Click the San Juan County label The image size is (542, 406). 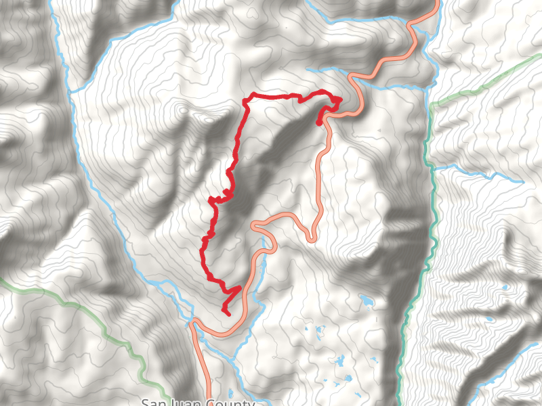(197, 403)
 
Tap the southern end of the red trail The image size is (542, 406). (228, 314)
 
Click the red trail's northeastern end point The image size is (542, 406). (319, 122)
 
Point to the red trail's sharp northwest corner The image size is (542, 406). (245, 101)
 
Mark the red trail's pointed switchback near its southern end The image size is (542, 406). (239, 289)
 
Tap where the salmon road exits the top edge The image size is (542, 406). (435, 3)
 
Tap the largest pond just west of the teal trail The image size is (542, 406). (367, 298)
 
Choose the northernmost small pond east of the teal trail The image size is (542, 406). (505, 288)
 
